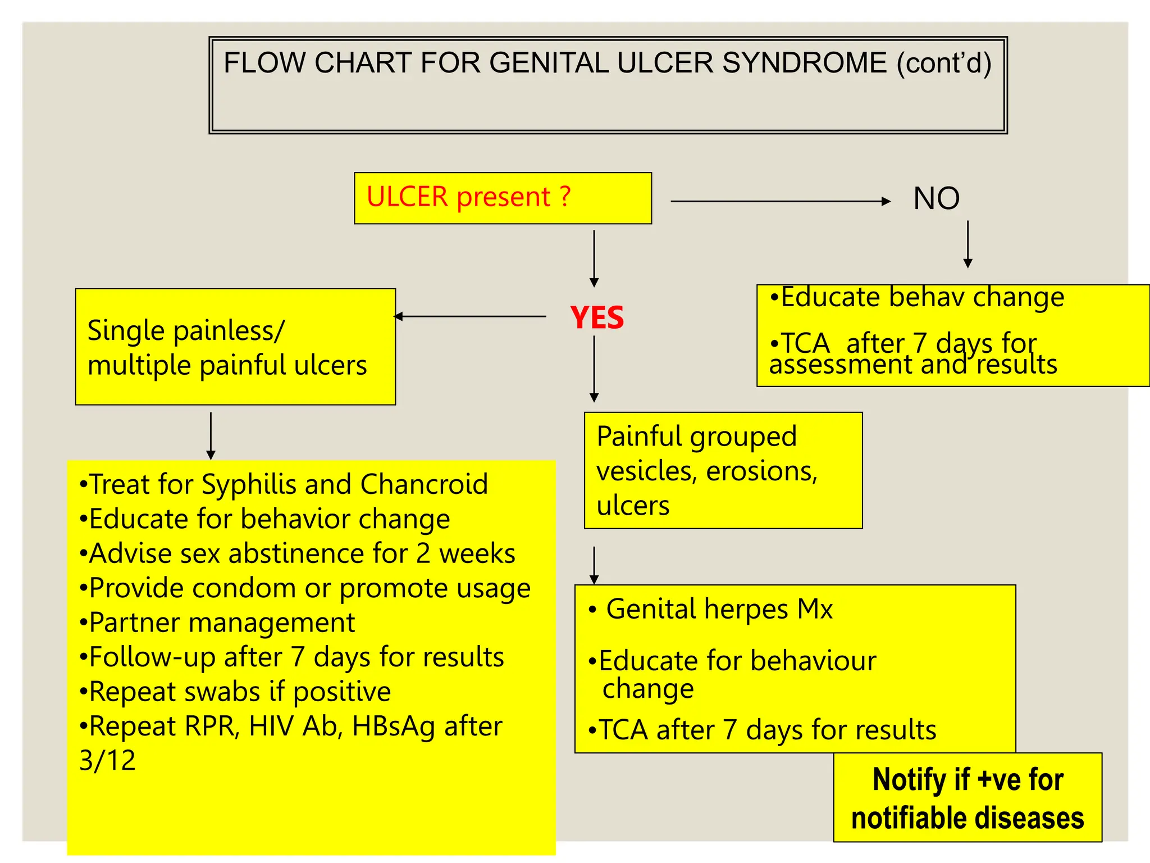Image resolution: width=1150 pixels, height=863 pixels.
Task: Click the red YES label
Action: pyautogui.click(x=596, y=317)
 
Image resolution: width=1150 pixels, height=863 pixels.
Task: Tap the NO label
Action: pyautogui.click(x=936, y=198)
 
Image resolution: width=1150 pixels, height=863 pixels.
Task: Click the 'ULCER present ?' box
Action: pyautogui.click(x=503, y=198)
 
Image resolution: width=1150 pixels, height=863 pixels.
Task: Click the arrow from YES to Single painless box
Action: pyautogui.click(x=471, y=316)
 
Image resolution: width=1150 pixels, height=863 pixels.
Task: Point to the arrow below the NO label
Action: pyautogui.click(x=968, y=244)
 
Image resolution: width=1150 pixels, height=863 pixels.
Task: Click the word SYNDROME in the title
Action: pyautogui.click(x=804, y=63)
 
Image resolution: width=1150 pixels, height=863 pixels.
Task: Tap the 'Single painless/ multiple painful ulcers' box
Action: pyautogui.click(x=235, y=347)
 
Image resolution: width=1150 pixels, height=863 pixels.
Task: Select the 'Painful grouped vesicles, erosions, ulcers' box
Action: pyautogui.click(x=723, y=470)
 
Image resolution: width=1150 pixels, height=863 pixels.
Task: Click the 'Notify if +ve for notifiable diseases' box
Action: pyautogui.click(x=968, y=797)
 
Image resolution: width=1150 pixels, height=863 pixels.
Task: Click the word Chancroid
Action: pyautogui.click(x=424, y=484)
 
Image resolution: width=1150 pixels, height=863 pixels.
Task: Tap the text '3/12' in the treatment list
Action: pyautogui.click(x=107, y=761)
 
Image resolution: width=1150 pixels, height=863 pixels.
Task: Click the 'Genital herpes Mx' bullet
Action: pyautogui.click(x=719, y=609)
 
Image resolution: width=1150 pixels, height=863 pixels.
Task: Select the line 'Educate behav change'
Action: pyautogui.click(x=921, y=297)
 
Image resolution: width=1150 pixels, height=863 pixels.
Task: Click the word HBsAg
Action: pyautogui.click(x=393, y=726)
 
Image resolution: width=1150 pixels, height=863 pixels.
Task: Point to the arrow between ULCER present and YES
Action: pyautogui.click(x=594, y=258)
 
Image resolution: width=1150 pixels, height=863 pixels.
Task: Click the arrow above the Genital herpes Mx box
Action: pyautogui.click(x=594, y=565)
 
